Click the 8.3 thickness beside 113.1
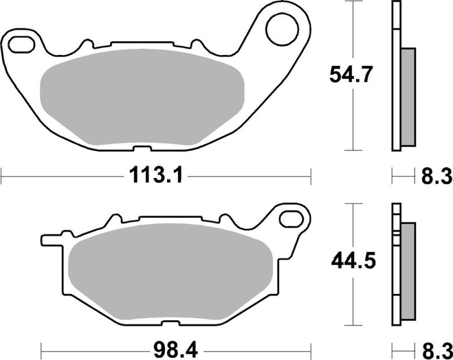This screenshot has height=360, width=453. [436, 177]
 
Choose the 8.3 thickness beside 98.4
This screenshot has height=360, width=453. [436, 346]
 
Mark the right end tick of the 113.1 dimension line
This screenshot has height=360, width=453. [311, 175]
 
